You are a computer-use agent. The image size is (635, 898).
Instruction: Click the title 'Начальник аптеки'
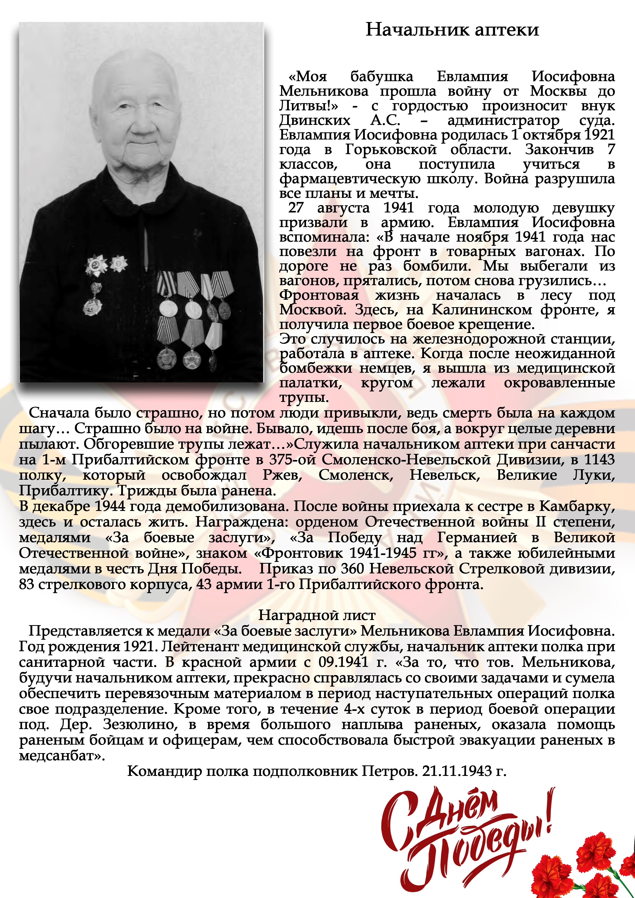tap(452, 30)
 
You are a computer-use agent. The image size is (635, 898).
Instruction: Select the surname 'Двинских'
tap(315, 121)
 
